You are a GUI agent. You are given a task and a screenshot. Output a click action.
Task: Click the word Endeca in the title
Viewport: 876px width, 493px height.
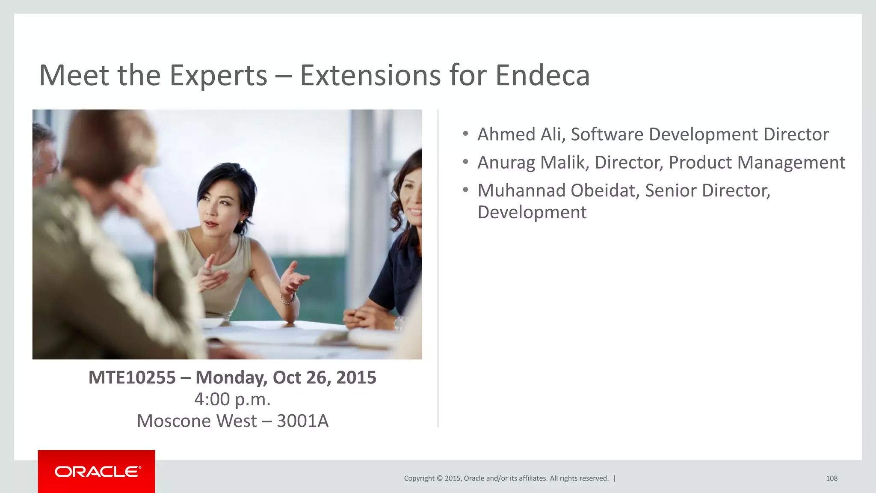point(542,75)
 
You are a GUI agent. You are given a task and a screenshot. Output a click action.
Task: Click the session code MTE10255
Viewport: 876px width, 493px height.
point(132,377)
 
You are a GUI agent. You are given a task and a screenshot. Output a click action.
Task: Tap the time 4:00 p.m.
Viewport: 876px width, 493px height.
point(232,399)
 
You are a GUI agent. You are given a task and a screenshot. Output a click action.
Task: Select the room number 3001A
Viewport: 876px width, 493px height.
point(302,421)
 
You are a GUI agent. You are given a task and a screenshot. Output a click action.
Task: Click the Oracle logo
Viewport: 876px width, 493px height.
point(97,472)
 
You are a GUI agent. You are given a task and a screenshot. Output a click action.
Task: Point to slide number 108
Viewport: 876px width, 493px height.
point(832,478)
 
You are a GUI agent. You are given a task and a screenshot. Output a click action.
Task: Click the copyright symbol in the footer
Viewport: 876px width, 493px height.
point(439,478)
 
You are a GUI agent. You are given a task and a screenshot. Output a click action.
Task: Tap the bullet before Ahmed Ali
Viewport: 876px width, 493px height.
point(465,134)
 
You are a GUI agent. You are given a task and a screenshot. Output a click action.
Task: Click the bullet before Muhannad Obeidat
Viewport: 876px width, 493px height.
point(465,190)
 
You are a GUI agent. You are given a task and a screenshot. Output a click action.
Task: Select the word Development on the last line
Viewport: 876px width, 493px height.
point(532,212)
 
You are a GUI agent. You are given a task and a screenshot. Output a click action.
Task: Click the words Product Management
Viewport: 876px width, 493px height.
point(757,163)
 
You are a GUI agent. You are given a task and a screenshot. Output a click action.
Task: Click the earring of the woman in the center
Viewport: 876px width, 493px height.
point(242,222)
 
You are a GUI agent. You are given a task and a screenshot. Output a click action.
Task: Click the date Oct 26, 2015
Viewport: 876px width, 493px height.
point(324,377)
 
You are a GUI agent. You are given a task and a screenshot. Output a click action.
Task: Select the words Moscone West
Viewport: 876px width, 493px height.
point(196,421)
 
